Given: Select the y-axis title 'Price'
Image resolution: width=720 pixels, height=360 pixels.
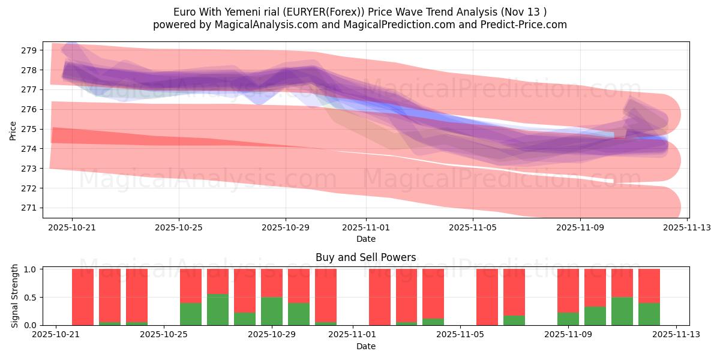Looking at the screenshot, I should (13, 130).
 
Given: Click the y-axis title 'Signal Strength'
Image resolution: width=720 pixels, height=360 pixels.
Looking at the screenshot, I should (16, 296).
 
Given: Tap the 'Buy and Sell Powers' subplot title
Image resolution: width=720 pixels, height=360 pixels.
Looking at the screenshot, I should (365, 257).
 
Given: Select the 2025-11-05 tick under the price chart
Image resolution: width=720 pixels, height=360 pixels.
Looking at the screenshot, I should (473, 227).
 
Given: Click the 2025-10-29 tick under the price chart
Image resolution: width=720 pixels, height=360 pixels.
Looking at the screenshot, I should (286, 227).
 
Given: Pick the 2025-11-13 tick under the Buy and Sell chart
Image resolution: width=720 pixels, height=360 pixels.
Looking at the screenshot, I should (676, 335).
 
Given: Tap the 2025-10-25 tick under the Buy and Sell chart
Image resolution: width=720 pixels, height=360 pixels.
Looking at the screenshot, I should (164, 335).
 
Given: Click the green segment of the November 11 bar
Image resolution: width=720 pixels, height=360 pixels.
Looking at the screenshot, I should (622, 311).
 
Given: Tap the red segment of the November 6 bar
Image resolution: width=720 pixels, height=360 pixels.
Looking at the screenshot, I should (487, 296).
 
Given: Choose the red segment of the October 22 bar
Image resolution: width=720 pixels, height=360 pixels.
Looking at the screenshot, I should (83, 296).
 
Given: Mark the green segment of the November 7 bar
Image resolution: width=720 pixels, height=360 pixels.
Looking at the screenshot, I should (514, 320).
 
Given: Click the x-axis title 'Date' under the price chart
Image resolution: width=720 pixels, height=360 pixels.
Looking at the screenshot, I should (365, 239).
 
